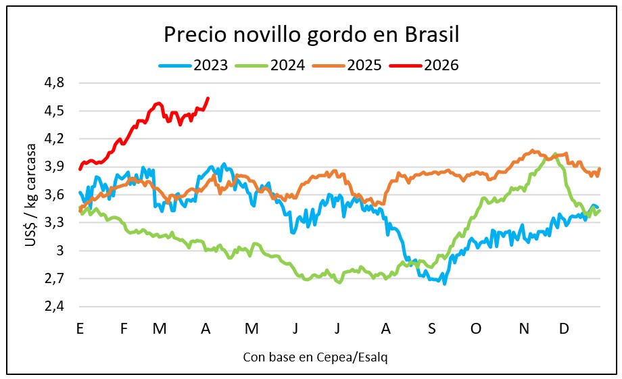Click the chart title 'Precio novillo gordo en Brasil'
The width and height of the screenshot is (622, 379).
tap(312, 34)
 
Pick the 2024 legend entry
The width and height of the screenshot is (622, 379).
tap(271, 66)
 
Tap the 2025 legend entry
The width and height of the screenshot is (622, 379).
tap(348, 66)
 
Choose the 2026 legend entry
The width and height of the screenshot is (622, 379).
tap(425, 66)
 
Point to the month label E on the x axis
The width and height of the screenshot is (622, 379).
tap(80, 328)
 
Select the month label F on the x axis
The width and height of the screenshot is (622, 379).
tap(124, 328)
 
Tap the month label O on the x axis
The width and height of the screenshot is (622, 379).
tap(476, 328)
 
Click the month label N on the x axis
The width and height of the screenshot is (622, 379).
tap(523, 328)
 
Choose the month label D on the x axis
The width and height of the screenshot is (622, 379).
tap(563, 328)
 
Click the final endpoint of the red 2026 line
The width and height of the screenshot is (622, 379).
tap(208, 98)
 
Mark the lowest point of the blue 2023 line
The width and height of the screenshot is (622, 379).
tap(444, 284)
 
